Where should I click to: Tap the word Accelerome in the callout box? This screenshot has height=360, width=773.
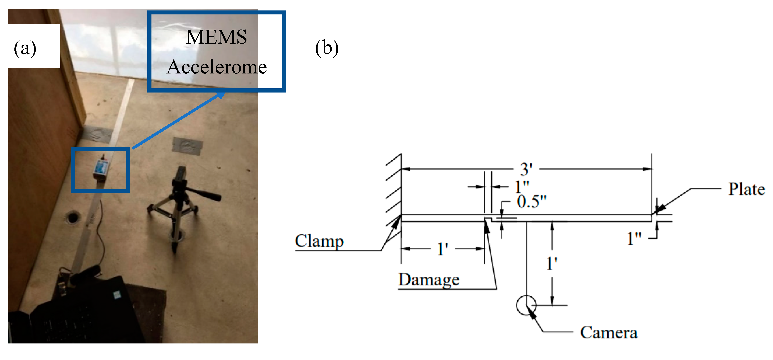pyautogui.click(x=217, y=67)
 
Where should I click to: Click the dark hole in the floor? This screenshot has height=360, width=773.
pyautogui.click(x=73, y=217)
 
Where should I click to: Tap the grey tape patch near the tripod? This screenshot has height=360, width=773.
pyautogui.click(x=187, y=146)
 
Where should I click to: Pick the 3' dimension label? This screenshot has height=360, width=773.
pyautogui.click(x=526, y=169)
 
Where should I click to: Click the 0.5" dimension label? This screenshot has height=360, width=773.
pyautogui.click(x=531, y=202)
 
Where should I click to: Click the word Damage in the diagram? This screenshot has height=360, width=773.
pyautogui.click(x=428, y=280)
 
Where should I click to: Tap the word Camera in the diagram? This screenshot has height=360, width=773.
pyautogui.click(x=609, y=332)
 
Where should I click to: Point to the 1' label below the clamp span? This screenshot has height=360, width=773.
pyautogui.click(x=443, y=249)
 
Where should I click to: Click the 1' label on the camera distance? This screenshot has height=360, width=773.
pyautogui.click(x=551, y=264)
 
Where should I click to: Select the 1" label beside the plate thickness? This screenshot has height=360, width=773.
pyautogui.click(x=634, y=239)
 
